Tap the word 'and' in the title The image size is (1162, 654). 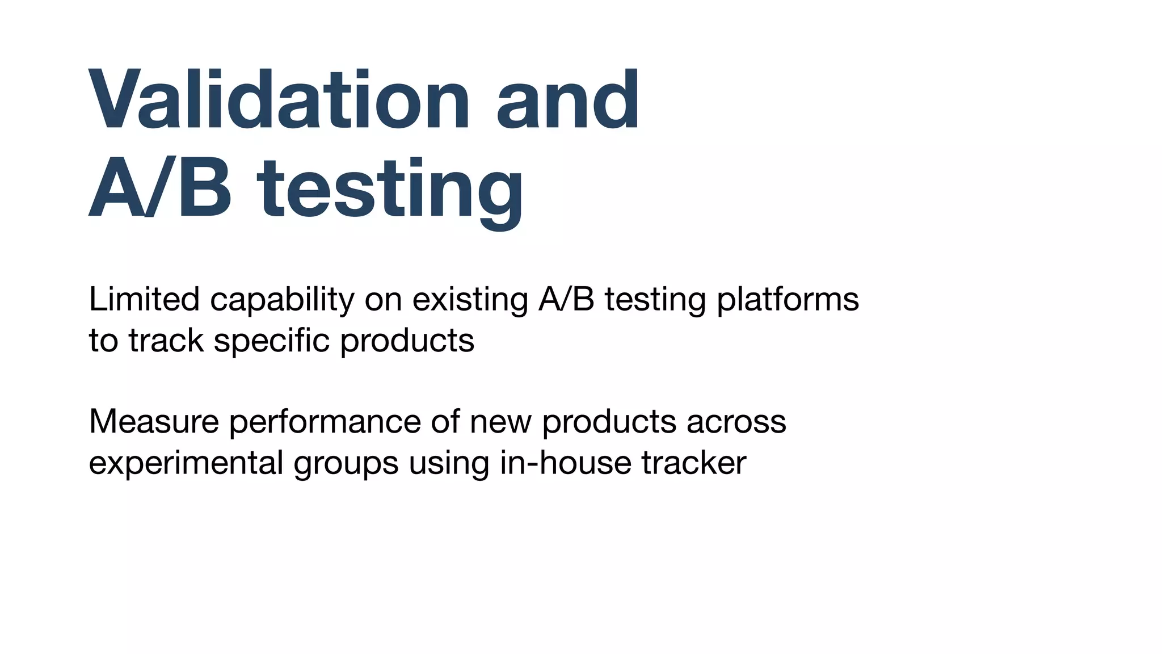(568, 101)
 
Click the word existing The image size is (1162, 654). (470, 300)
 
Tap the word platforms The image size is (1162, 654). (788, 300)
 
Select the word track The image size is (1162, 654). (166, 341)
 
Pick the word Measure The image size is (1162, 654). (154, 422)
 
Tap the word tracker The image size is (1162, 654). (693, 463)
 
